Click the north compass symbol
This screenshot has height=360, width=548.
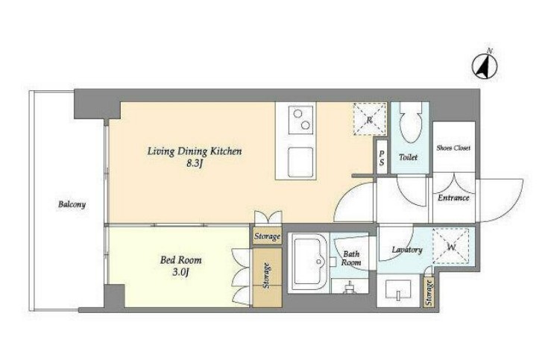click(x=485, y=65)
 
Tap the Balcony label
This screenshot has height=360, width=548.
click(x=72, y=204)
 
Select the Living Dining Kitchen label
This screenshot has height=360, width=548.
click(x=195, y=151)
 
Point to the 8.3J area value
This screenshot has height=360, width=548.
click(x=195, y=163)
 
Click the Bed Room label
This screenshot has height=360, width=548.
click(x=180, y=260)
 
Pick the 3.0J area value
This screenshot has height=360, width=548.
click(x=180, y=272)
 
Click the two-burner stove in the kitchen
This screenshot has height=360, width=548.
click(x=300, y=120)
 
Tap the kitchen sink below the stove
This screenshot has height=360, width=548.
click(x=300, y=162)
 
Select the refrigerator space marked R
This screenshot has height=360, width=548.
click(x=369, y=119)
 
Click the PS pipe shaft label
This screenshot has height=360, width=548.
click(x=382, y=158)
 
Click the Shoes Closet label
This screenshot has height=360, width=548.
click(x=453, y=148)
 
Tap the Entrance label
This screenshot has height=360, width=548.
click(x=453, y=198)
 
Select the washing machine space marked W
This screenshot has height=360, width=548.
click(x=451, y=246)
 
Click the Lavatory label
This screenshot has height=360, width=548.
click(x=407, y=250)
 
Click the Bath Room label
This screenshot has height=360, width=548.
click(x=350, y=259)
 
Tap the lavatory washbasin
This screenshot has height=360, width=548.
click(x=398, y=290)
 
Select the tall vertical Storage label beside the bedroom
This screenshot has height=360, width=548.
click(x=267, y=276)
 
